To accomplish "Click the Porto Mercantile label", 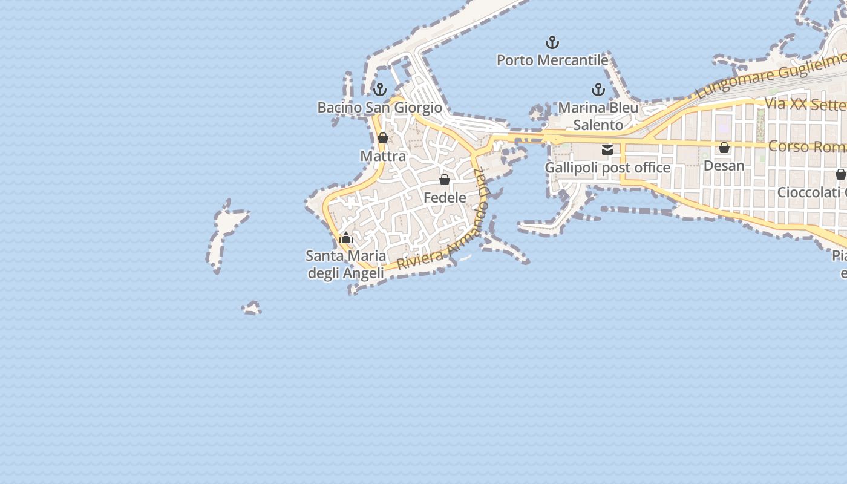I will pos(552,60).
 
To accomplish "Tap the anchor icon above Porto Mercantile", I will pos(552,42).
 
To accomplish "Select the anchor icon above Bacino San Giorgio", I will pos(380,90).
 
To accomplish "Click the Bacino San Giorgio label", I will pos(380,108).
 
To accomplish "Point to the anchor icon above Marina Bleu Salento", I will pos(598,90).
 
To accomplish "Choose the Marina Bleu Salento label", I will pos(598,116).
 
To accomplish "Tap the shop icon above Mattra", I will pos(383,138).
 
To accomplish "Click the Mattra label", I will pos(383,156).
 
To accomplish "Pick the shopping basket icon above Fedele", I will pos(445,179).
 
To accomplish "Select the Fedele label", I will pos(445,197).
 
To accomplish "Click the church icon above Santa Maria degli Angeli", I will pos(346,238).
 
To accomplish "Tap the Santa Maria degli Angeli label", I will pos(346,264).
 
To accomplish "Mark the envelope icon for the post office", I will pos(607,149).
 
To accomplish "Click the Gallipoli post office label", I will pos(607,168).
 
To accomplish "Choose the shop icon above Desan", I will pos(724,148).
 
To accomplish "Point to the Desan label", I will pos(724,165).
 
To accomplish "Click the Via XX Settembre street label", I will pos(805,104).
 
